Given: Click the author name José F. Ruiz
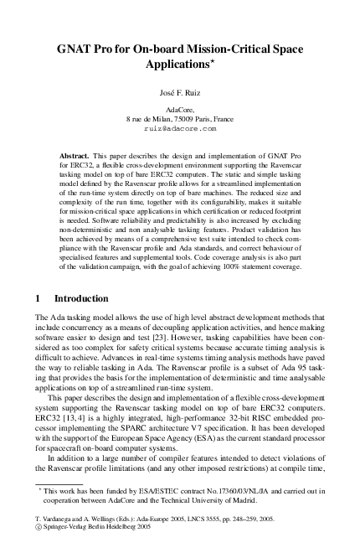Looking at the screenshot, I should coord(179,91).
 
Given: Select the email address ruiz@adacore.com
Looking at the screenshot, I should coord(179,130).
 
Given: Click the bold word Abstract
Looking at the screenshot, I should coord(77,157).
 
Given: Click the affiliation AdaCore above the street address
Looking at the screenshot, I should coord(179,110).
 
